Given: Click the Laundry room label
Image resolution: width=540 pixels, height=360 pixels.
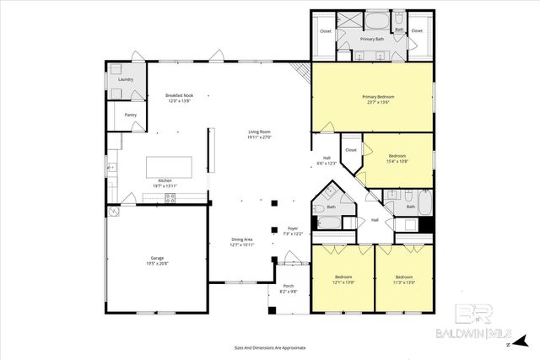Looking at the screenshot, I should point(126,79).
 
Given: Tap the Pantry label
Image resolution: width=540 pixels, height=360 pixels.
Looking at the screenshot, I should point(131,115).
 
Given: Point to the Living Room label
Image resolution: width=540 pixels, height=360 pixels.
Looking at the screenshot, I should point(259,132).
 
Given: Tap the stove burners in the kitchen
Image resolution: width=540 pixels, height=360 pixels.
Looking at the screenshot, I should point(170,198).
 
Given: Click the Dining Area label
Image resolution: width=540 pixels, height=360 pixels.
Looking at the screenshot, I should point(243,239).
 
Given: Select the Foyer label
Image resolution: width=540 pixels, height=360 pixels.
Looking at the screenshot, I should point(293,228).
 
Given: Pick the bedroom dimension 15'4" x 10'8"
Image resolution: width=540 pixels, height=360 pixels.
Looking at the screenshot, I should point(398,160).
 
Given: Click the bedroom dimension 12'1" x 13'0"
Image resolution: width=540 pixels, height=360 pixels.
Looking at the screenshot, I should point(344,282).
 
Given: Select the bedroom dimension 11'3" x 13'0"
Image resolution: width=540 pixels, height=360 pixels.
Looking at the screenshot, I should point(404,282).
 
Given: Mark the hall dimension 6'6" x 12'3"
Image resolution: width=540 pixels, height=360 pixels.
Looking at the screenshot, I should point(327,164).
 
